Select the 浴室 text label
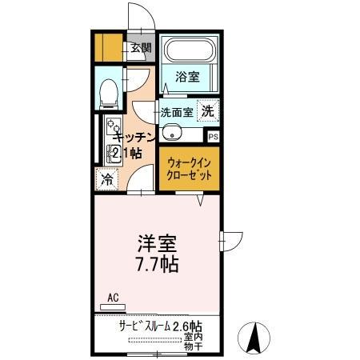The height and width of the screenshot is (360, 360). tap(187, 78)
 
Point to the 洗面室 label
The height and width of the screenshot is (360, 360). tap(175, 112)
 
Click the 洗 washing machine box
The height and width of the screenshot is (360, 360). tap(207, 111)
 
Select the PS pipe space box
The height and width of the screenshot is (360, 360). tap(212, 136)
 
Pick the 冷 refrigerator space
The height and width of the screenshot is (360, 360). tap(106, 179)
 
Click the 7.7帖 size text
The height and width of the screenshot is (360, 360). tap(156, 262)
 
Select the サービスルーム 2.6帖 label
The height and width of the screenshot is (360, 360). tap(159, 326)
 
